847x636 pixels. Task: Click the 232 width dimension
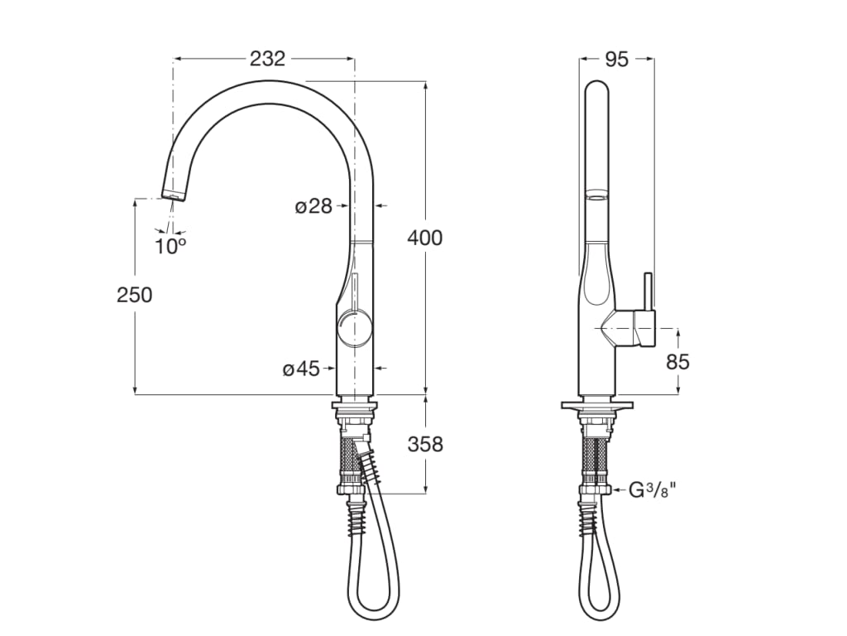(267, 59)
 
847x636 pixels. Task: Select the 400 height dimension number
(425, 238)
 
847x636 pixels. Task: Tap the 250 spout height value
(135, 294)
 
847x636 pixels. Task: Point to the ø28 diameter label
(313, 206)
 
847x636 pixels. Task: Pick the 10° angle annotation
(170, 246)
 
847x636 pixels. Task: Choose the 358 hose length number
(425, 445)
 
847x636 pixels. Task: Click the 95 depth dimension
(616, 59)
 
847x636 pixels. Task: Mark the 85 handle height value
(677, 362)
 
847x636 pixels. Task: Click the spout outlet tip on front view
(172, 195)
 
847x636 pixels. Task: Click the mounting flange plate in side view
(596, 406)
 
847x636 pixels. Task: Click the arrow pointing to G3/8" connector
(617, 490)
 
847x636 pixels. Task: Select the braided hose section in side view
(596, 460)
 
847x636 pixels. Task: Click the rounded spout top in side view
(596, 87)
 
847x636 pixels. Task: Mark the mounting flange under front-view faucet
(356, 405)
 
